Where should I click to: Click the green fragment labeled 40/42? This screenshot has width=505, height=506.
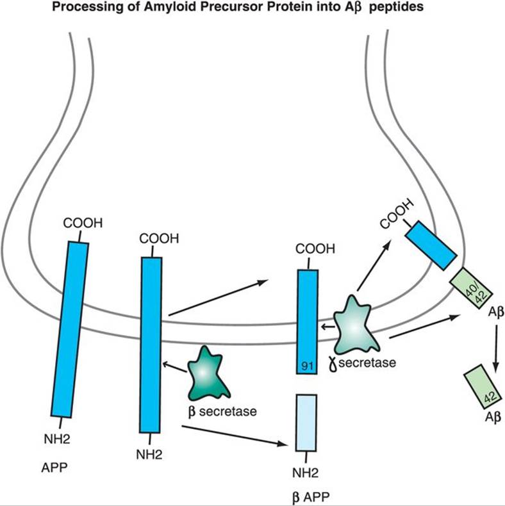click(x=470, y=290)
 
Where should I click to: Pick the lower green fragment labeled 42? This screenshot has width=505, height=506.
click(x=481, y=388)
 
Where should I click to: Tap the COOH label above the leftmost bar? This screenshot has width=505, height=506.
click(x=80, y=224)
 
